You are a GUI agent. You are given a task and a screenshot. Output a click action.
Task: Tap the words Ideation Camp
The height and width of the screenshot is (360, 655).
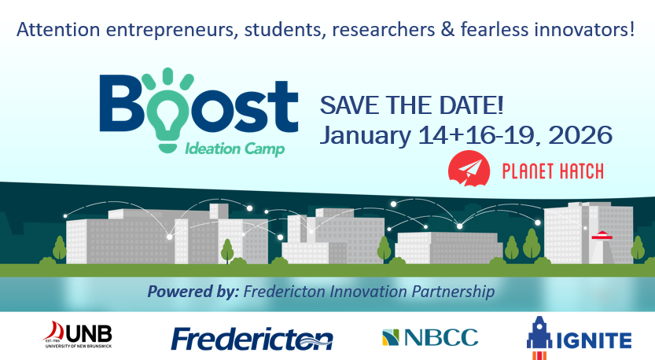[235, 149]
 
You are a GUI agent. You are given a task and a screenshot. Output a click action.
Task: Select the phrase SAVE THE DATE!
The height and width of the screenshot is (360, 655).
[411, 105]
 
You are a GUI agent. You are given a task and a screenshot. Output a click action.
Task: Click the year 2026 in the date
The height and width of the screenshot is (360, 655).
[580, 135]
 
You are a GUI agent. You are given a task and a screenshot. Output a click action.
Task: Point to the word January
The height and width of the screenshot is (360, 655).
[366, 136]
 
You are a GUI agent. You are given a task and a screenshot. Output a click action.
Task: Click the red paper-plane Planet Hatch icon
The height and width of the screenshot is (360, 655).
[469, 168]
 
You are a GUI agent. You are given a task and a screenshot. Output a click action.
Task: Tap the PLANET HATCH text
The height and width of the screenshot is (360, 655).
[553, 171]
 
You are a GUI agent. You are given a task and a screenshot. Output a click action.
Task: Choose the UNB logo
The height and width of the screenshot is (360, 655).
[77, 335]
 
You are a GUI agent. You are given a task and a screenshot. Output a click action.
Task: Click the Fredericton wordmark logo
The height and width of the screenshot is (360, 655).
[252, 339]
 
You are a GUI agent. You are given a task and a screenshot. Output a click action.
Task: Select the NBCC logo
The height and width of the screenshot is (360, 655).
[430, 337]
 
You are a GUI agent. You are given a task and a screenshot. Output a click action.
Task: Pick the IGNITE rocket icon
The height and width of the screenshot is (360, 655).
[539, 337]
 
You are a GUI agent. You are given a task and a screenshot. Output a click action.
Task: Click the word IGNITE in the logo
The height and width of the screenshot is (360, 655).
[594, 341]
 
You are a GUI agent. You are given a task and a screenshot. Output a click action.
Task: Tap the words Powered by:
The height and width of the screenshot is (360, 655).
[193, 292]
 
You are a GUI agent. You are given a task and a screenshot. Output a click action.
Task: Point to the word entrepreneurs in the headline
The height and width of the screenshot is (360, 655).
[172, 31]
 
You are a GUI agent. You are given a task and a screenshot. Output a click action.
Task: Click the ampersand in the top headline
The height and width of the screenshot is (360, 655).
[447, 30]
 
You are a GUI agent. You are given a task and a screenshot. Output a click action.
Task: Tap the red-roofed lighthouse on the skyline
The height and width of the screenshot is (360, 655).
[602, 248]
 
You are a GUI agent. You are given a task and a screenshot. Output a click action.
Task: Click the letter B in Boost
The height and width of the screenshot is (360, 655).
[121, 103]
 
